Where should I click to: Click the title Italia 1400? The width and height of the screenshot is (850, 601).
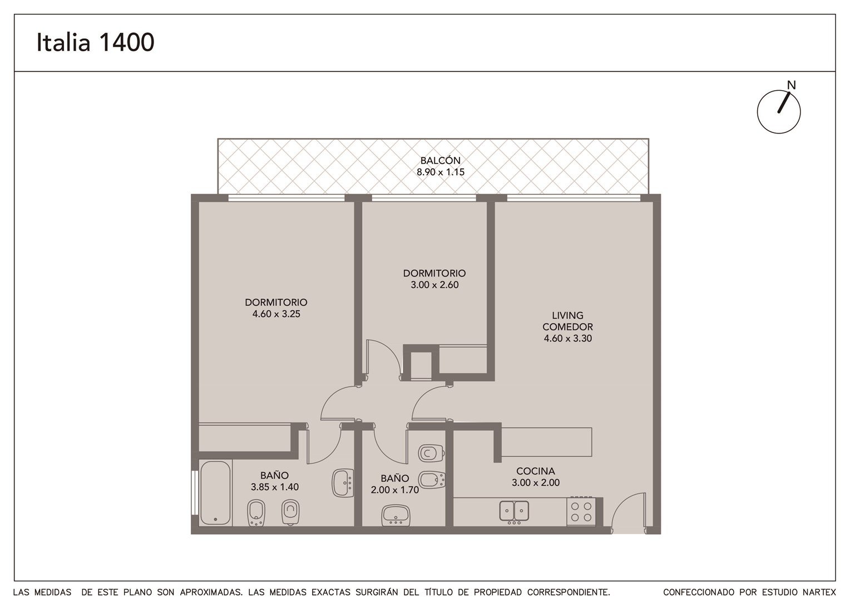pyautogui.click(x=95, y=42)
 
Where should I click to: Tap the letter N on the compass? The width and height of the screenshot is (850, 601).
pyautogui.click(x=791, y=86)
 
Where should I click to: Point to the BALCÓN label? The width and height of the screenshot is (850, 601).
pyautogui.click(x=440, y=161)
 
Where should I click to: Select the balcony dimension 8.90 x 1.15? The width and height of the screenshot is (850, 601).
pyautogui.click(x=440, y=172)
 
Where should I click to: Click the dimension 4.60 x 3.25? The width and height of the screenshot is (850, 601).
pyautogui.click(x=276, y=314)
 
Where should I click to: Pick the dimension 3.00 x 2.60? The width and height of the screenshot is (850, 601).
pyautogui.click(x=434, y=285)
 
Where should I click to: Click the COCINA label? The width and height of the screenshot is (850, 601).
pyautogui.click(x=536, y=471)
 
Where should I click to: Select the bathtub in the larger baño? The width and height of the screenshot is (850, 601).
pyautogui.click(x=215, y=493)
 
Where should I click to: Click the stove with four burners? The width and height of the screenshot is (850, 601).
pyautogui.click(x=581, y=511)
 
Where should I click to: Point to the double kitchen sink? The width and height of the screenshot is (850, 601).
pyautogui.click(x=514, y=511)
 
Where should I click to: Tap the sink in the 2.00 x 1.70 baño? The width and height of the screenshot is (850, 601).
pyautogui.click(x=396, y=515)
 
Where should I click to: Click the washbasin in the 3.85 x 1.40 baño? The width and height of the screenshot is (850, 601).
pyautogui.click(x=343, y=483)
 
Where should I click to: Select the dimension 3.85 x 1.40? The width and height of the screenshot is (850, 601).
pyautogui.click(x=275, y=487)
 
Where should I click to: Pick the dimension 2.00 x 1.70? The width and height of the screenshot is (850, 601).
pyautogui.click(x=394, y=490)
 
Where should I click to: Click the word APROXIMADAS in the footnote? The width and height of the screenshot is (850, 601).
pyautogui.click(x=211, y=592)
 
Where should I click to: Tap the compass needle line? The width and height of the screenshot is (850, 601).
pyautogui.click(x=784, y=102)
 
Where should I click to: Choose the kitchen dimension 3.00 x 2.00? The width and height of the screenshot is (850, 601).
pyautogui.click(x=536, y=482)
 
